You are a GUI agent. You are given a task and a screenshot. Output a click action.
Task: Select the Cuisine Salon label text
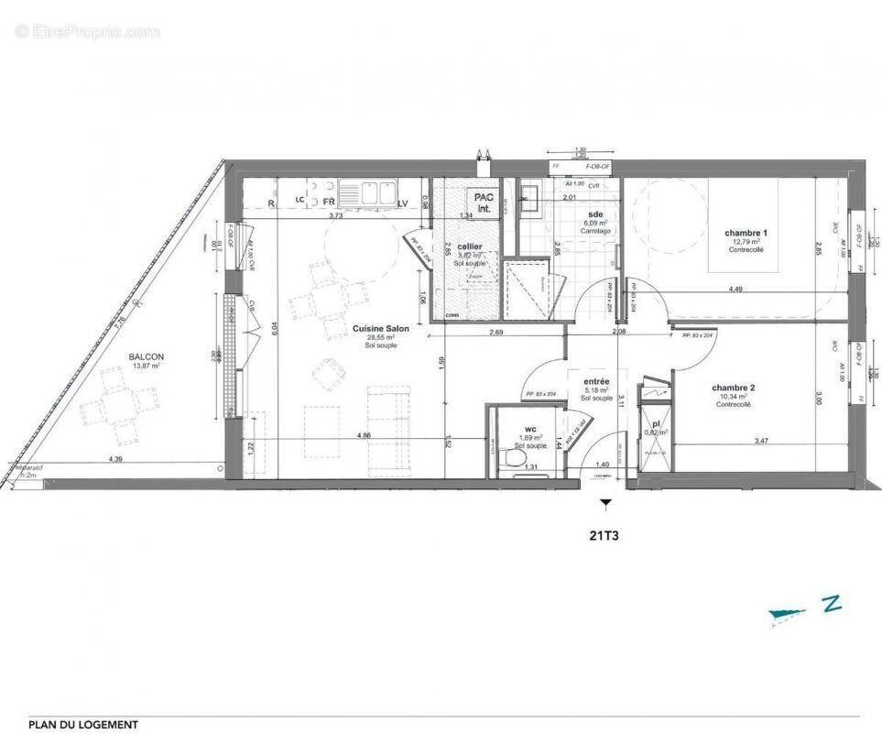(380, 328)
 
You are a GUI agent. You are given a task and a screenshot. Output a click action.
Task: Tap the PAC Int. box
(483, 202)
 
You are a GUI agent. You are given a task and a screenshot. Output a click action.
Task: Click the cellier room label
(470, 246)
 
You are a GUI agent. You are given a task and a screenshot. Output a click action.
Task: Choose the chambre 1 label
(746, 233)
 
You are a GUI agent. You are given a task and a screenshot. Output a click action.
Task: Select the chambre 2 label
(733, 388)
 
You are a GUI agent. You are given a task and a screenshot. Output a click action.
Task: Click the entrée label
(595, 381)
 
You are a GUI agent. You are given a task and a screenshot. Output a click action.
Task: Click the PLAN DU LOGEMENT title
(83, 725)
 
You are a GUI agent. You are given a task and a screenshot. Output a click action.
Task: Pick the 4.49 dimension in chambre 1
(735, 290)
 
